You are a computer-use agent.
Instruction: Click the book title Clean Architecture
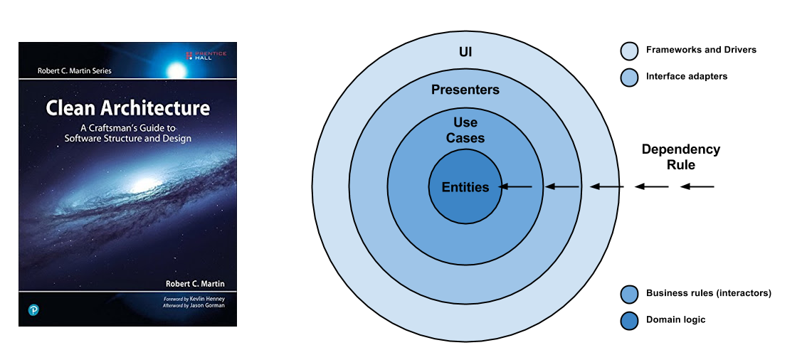point(128,109)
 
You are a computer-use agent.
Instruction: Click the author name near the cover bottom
point(194,283)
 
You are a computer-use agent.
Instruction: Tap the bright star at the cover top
point(176,70)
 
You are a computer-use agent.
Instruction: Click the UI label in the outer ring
point(465,52)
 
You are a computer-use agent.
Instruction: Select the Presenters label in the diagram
point(465,90)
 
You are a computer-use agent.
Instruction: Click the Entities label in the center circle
point(465,187)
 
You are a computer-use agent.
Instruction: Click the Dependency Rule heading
point(680,157)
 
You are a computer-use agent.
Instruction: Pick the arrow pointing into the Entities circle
point(516,187)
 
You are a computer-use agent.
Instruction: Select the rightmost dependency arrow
point(697,187)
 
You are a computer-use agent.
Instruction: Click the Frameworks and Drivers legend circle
point(628,51)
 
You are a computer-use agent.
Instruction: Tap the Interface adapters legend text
point(686,76)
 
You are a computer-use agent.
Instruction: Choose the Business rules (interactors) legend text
point(708,293)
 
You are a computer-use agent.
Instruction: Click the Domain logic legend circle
point(628,320)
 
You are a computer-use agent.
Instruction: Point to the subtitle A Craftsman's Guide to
point(128,127)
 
